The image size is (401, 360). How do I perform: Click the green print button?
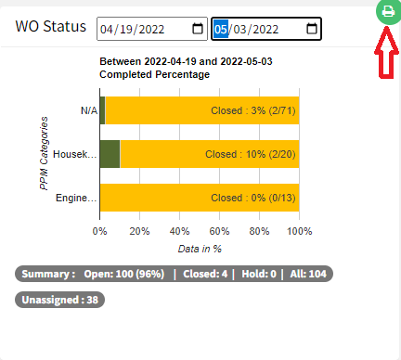[x=386, y=12]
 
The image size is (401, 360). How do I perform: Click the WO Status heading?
[x=50, y=27]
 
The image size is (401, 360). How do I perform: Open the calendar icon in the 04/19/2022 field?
[x=198, y=29]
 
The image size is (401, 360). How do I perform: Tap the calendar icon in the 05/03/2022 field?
[x=308, y=29]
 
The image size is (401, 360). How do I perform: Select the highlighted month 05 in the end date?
[x=221, y=29]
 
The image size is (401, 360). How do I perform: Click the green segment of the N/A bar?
[x=102, y=110]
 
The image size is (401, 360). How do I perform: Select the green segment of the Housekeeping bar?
[x=110, y=154]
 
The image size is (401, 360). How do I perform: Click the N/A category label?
[x=88, y=110]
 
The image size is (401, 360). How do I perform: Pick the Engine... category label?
[x=75, y=198]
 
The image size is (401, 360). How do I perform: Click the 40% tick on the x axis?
[x=179, y=231]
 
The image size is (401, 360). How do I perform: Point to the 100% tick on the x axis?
[x=299, y=231]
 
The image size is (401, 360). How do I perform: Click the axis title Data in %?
[x=200, y=249]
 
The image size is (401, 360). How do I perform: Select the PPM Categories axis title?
[x=44, y=152]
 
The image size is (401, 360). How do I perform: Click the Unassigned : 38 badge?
[x=60, y=300]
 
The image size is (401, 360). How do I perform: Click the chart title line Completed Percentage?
[x=155, y=74]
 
